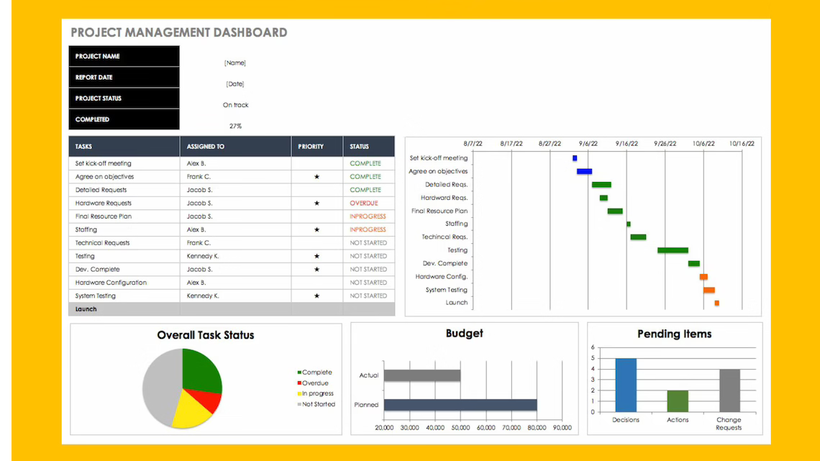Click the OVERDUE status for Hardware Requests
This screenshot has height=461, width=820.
pos(364,204)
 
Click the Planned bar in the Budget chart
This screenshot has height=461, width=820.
pos(460,405)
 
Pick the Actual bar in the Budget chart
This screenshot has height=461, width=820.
pos(422,375)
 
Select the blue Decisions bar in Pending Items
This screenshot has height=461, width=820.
pos(626,385)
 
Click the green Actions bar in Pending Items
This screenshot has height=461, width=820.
pos(678,401)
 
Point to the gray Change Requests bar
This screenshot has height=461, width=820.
pos(729,391)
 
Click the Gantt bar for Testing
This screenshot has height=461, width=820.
pos(673,250)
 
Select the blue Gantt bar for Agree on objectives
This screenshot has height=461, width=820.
pos(584,172)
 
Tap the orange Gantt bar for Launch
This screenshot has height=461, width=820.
pos(716,303)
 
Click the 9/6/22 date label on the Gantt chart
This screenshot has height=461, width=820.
pos(588,143)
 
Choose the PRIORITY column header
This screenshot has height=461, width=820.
pos(311,147)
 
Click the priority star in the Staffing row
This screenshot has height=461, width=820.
pos(316,230)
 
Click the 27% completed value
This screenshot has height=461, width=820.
pos(235,126)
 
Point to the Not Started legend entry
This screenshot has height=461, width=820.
pos(318,404)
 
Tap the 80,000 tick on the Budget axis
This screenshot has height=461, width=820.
pos(537,428)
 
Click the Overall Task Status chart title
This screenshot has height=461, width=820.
pos(206,335)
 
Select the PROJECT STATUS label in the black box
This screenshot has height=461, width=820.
pos(99,99)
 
